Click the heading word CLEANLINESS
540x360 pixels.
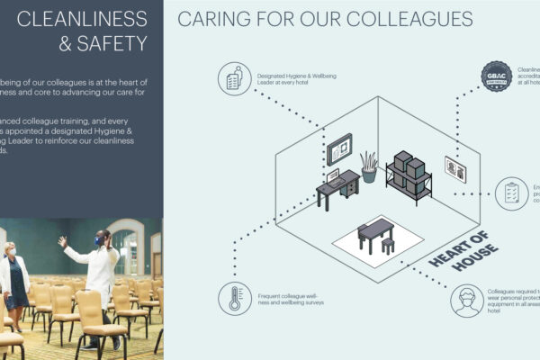82,18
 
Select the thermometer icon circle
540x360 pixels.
235,297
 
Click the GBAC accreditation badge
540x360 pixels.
496,75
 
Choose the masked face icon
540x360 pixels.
468,301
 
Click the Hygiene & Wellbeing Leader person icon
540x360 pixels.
234,80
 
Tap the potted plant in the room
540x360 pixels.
369,166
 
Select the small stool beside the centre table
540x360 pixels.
388,246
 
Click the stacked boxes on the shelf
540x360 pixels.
409,168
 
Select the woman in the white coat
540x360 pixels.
15,279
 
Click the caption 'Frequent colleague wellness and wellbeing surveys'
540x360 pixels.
285,297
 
